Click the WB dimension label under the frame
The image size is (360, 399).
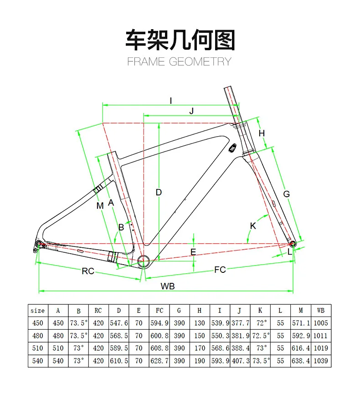(x=167, y=286)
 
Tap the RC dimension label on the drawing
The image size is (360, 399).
(x=88, y=271)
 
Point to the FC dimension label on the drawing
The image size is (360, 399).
(x=220, y=270)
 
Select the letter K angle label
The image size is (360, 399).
(x=253, y=226)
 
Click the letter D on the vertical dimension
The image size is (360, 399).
(x=159, y=192)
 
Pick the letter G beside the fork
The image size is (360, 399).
(x=286, y=194)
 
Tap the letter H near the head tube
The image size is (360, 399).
(x=262, y=133)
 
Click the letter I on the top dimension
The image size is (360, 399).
(x=171, y=101)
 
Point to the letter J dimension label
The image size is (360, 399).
(x=191, y=111)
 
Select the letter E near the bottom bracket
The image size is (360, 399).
(x=193, y=252)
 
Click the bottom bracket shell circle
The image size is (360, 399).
(x=143, y=261)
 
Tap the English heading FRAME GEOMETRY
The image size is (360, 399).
(x=180, y=61)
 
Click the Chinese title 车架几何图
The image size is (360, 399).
(x=180, y=40)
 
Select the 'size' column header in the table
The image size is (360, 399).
(x=37, y=311)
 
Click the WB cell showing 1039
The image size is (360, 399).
(x=321, y=361)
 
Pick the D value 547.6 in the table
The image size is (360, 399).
(x=118, y=323)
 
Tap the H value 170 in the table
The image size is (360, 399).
(x=200, y=348)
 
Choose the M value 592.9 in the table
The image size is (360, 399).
(x=300, y=336)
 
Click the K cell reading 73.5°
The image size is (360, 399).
(x=260, y=361)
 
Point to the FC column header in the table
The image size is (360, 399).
(x=159, y=311)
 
